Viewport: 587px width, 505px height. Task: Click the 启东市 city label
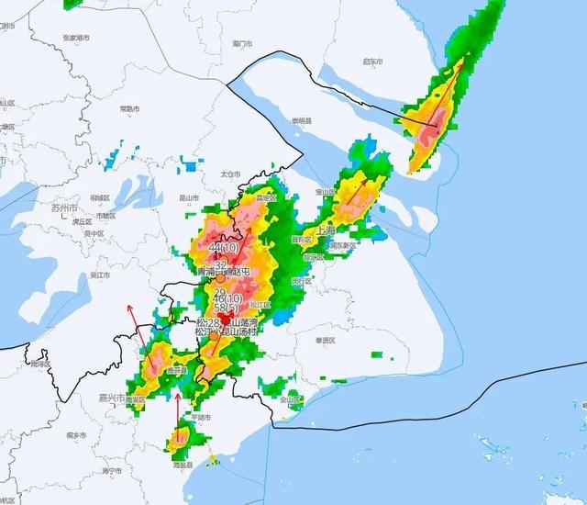(371, 62)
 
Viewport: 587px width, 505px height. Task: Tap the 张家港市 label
(76, 38)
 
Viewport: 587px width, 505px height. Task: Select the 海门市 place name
(242, 43)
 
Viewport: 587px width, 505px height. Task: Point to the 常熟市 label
(129, 109)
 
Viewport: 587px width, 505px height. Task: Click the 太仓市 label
(230, 174)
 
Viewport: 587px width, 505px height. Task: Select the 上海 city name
(327, 230)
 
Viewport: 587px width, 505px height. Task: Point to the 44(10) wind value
(224, 248)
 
